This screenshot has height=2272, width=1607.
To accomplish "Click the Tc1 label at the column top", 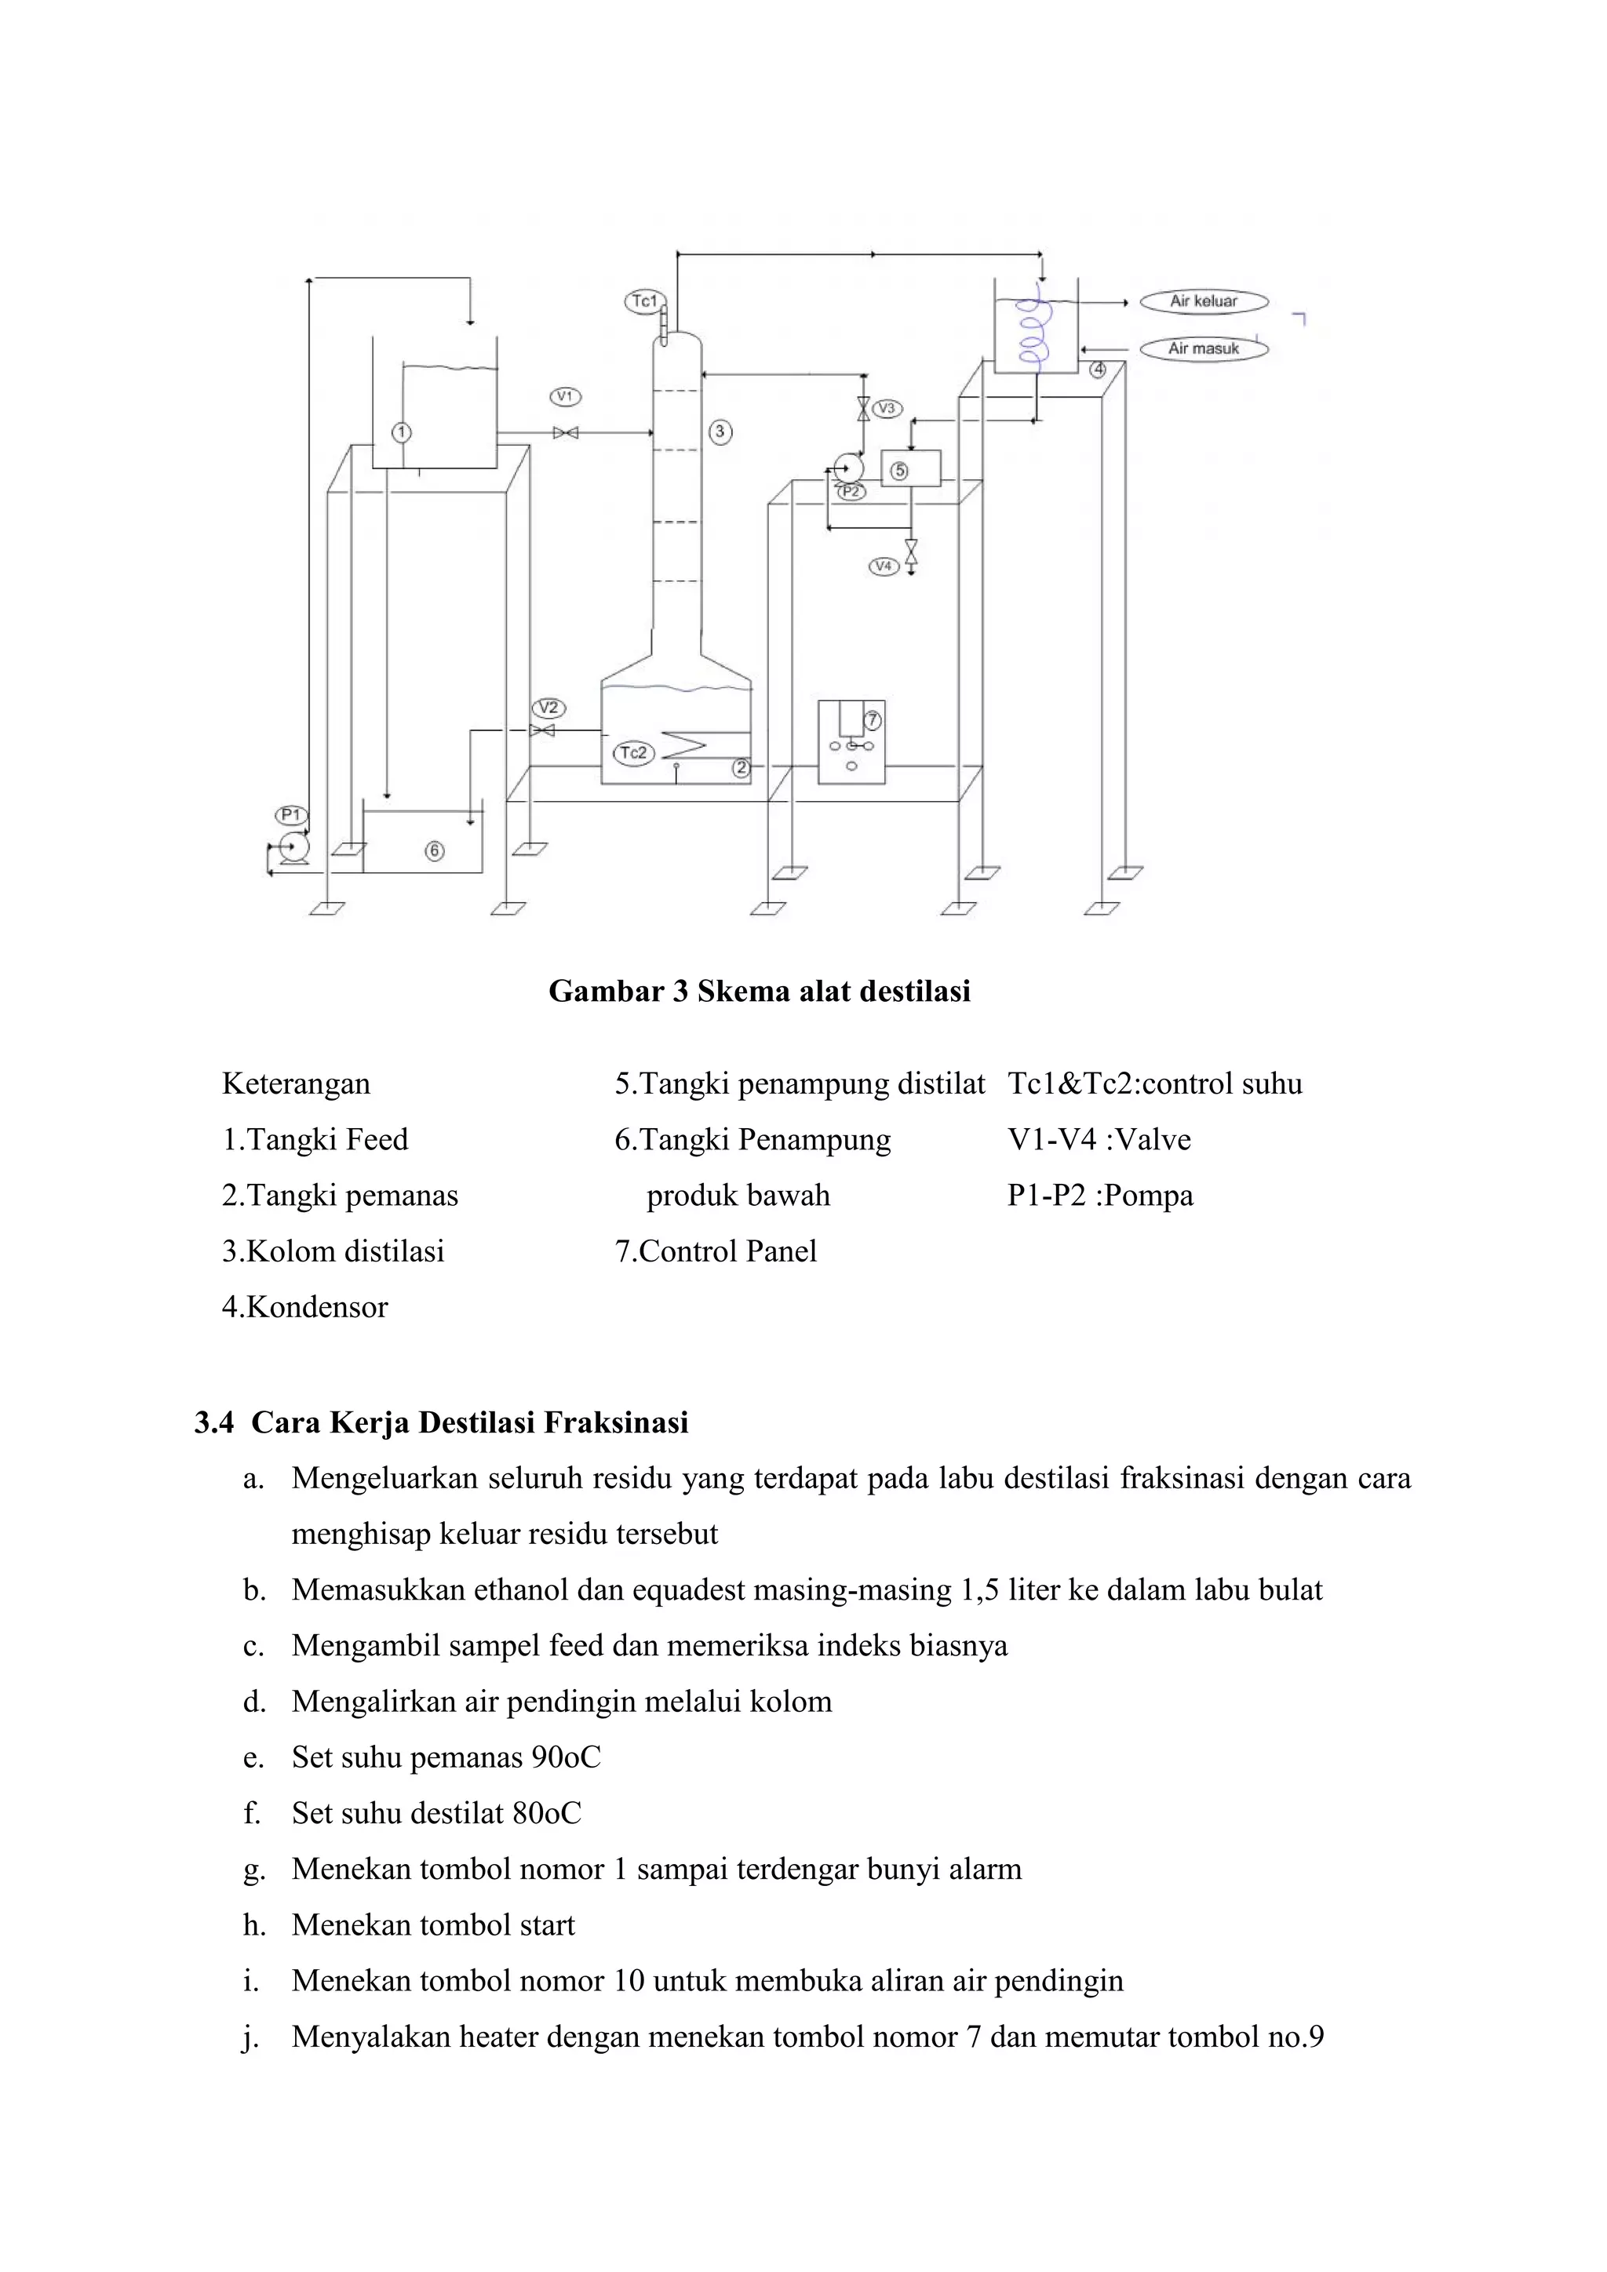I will coord(644,300).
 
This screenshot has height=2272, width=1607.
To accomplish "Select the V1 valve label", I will coord(565,397).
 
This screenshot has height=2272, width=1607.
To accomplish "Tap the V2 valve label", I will coord(548,708).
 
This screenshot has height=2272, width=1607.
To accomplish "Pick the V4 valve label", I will coord(884,566).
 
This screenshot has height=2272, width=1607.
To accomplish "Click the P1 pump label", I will coord(291,814).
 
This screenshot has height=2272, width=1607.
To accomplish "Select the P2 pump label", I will coord(850,491).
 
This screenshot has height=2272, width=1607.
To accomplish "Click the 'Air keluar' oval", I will coord(1203,300).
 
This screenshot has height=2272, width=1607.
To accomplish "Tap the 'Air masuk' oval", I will coord(1203,348).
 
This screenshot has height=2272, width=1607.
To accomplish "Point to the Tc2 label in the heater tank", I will coord(633,753).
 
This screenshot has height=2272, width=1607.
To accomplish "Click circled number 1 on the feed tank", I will coord(401,432).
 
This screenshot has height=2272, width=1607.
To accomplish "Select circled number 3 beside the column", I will coord(720,431).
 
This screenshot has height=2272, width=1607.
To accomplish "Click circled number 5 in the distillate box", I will coord(899,471).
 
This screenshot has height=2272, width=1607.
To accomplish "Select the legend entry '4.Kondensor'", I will coord(304,1307).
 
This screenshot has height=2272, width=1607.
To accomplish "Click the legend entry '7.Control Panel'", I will coord(716,1251).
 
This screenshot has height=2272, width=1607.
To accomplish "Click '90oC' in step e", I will coord(565,1757).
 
